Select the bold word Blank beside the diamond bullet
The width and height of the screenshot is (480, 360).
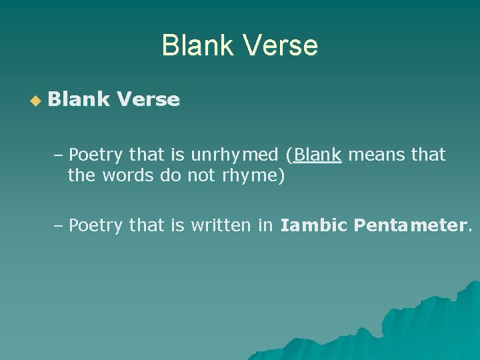coord(79,100)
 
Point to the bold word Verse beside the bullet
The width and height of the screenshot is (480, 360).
coord(148,100)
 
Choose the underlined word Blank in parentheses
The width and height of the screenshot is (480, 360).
coord(318,155)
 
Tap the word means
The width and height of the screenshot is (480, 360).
coord(373,155)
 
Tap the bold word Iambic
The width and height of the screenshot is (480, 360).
coord(313,226)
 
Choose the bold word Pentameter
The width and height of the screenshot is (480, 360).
coord(410,226)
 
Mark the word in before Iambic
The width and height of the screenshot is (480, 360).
coord(265,226)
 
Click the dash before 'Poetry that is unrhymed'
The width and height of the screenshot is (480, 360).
coord(59,156)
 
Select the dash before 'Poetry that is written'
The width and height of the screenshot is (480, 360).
coord(59,227)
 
